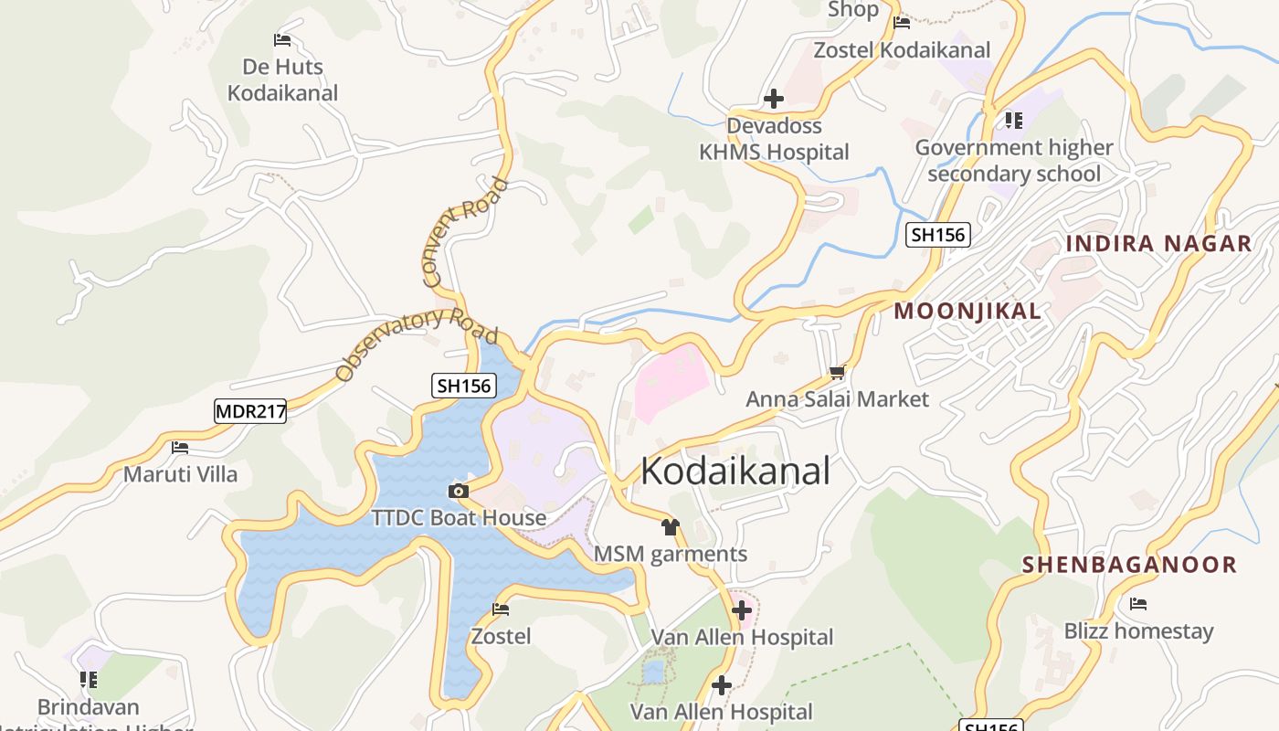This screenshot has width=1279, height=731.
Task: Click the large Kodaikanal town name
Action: coord(735,471)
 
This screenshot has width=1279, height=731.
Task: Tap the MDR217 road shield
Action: coord(250,411)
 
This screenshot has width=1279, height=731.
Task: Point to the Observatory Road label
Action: coord(417,344)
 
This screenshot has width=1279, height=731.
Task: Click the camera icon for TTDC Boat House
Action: coord(459,492)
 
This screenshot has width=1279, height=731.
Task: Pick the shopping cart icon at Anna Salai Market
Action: coord(837,373)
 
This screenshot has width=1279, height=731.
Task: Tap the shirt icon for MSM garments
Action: coord(671,527)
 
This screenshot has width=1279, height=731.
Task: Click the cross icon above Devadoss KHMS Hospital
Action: coord(774,99)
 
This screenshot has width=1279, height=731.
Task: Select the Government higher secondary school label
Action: coord(1014,161)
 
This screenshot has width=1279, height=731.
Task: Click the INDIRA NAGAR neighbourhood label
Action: coord(1158,244)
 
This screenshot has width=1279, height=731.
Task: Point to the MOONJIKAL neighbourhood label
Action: coord(967,312)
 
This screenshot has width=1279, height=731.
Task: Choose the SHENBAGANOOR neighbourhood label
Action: coord(1129,565)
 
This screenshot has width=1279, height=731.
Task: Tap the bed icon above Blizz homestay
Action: coord(1138,604)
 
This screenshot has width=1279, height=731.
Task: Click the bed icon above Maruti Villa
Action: coord(180,448)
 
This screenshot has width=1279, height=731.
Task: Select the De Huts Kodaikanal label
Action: coord(282,80)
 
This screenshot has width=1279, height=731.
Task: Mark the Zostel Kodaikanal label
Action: coord(902,50)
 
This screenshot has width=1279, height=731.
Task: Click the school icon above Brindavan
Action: coord(89,680)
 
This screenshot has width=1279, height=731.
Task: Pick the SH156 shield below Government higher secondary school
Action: coord(938,235)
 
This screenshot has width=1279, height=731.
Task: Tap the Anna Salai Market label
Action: coord(837,399)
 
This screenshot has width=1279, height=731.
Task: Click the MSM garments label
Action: coord(671,554)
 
